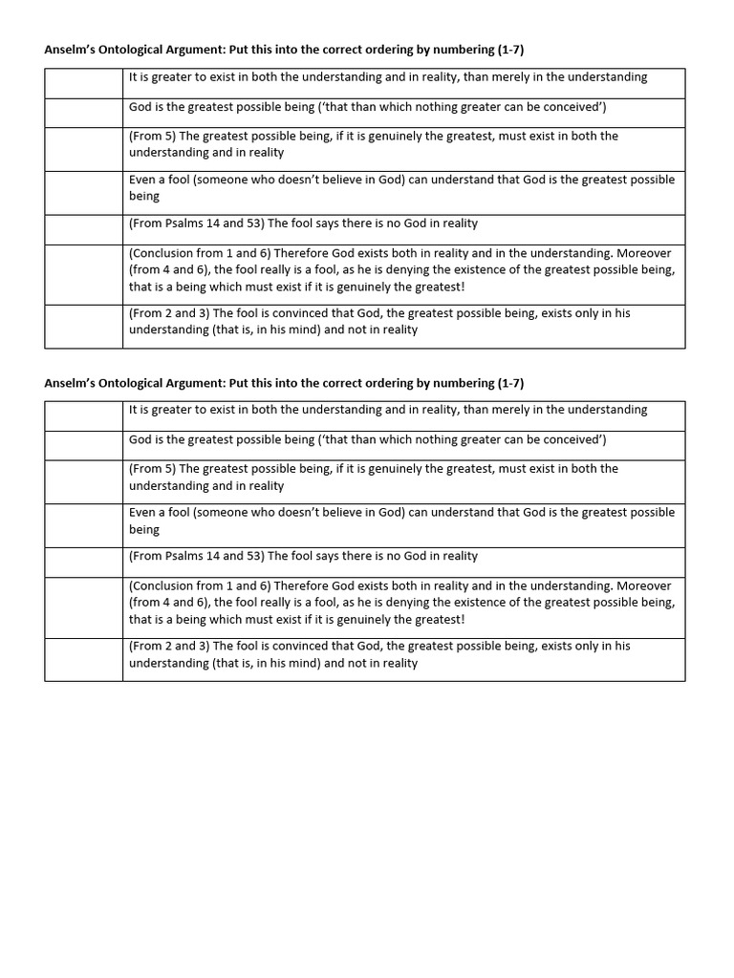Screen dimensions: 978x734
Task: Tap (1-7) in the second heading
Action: pos(510,383)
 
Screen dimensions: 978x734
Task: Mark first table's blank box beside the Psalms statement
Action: pos(83,229)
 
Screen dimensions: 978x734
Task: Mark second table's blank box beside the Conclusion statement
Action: pos(83,607)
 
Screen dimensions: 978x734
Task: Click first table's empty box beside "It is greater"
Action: pos(83,83)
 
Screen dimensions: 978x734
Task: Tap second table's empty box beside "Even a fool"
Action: pos(83,525)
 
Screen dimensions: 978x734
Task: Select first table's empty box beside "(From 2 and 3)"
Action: pos(83,326)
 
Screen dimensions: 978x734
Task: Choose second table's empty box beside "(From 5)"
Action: pos(83,481)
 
